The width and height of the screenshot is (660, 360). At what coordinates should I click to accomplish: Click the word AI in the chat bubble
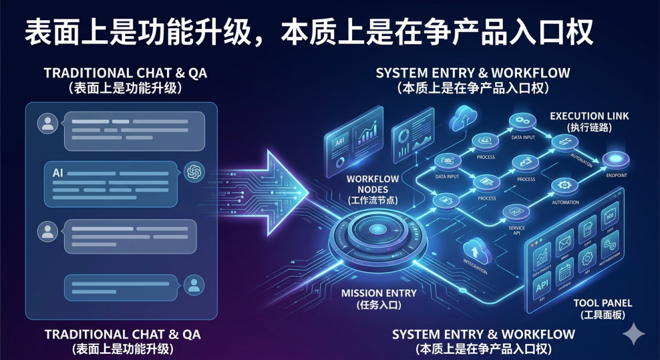coord(58,173)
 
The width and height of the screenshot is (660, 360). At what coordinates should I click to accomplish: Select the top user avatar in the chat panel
coord(47,124)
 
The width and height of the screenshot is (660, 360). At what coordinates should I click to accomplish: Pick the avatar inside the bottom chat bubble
coord(194,285)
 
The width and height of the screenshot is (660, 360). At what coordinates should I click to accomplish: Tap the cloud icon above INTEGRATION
coord(475,250)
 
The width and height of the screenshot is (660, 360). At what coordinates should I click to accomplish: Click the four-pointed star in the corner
coord(634,334)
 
